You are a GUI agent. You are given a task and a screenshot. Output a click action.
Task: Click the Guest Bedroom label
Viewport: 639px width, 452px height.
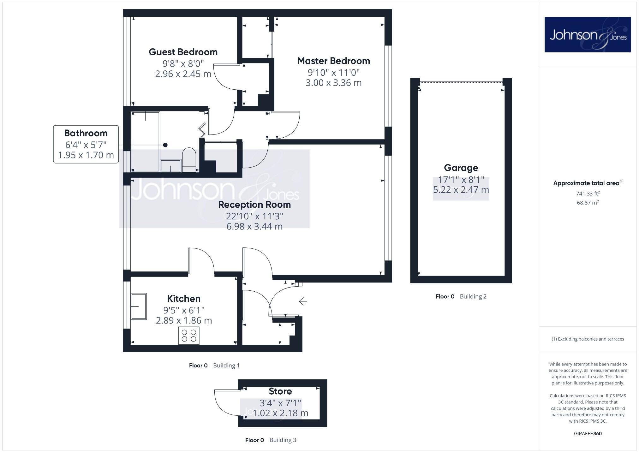pyautogui.click(x=183, y=52)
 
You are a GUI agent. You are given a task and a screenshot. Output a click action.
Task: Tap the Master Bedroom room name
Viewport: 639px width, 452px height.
pyautogui.click(x=333, y=61)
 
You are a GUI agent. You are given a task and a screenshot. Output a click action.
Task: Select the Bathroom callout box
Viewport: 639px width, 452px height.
pyautogui.click(x=86, y=144)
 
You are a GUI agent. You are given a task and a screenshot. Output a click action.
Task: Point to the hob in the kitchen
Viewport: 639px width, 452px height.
pyautogui.click(x=189, y=336)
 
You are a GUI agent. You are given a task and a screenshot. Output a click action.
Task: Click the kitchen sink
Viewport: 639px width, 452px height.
pyautogui.click(x=139, y=306)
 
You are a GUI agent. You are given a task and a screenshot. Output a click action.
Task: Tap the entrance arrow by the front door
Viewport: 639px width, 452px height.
pyautogui.click(x=303, y=301)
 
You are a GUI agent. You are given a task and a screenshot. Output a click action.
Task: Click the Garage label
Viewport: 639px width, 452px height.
pyautogui.click(x=461, y=168)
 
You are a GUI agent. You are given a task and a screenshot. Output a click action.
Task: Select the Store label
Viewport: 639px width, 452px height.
pyautogui.click(x=280, y=391)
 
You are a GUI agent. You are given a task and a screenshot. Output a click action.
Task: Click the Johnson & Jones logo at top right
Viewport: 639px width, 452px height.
pyautogui.click(x=588, y=35)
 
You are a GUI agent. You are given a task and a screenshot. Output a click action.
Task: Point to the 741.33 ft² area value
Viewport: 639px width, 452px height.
pyautogui.click(x=588, y=193)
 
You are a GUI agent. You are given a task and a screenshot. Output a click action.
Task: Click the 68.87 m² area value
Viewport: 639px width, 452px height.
pyautogui.click(x=588, y=203)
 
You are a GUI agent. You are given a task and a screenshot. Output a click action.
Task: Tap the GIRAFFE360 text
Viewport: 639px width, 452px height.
pyautogui.click(x=588, y=433)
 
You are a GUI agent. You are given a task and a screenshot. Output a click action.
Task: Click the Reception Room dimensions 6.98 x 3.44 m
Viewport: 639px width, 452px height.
pyautogui.click(x=254, y=226)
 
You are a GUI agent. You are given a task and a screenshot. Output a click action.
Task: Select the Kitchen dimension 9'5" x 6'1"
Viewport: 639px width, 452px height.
pyautogui.click(x=184, y=310)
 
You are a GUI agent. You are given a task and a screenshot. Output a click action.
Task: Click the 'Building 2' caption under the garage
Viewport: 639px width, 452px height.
pyautogui.click(x=473, y=296)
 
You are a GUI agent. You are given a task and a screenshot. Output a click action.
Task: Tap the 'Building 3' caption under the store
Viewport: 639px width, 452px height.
pyautogui.click(x=283, y=440)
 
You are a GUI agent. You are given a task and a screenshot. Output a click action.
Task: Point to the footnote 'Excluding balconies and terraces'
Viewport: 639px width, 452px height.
pyautogui.click(x=588, y=339)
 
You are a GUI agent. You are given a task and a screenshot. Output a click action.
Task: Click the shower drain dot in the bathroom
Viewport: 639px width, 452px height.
pyautogui.click(x=165, y=145)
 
